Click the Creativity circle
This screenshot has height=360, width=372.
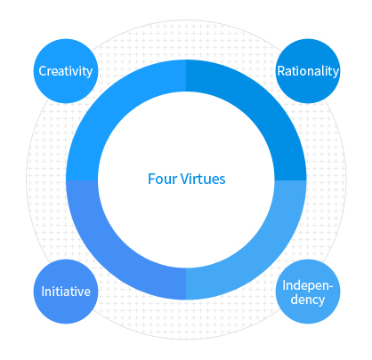66,71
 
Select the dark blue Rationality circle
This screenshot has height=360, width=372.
308,71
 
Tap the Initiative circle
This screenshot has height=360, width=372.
66,292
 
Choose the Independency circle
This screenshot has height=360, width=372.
308,292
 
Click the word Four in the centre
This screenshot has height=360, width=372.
162,180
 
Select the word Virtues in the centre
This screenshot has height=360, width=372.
203,180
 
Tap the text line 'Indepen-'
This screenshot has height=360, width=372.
308,286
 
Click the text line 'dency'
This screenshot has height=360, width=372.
308,300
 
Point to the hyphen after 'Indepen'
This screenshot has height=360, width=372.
331,287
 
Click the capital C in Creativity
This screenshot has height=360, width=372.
44,71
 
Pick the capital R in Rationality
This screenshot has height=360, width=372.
281,71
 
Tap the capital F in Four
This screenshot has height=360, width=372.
151,180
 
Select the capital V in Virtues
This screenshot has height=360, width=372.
185,180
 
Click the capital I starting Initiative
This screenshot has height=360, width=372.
44,292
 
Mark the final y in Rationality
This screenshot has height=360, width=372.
336,73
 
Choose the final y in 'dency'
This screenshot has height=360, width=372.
321,300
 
